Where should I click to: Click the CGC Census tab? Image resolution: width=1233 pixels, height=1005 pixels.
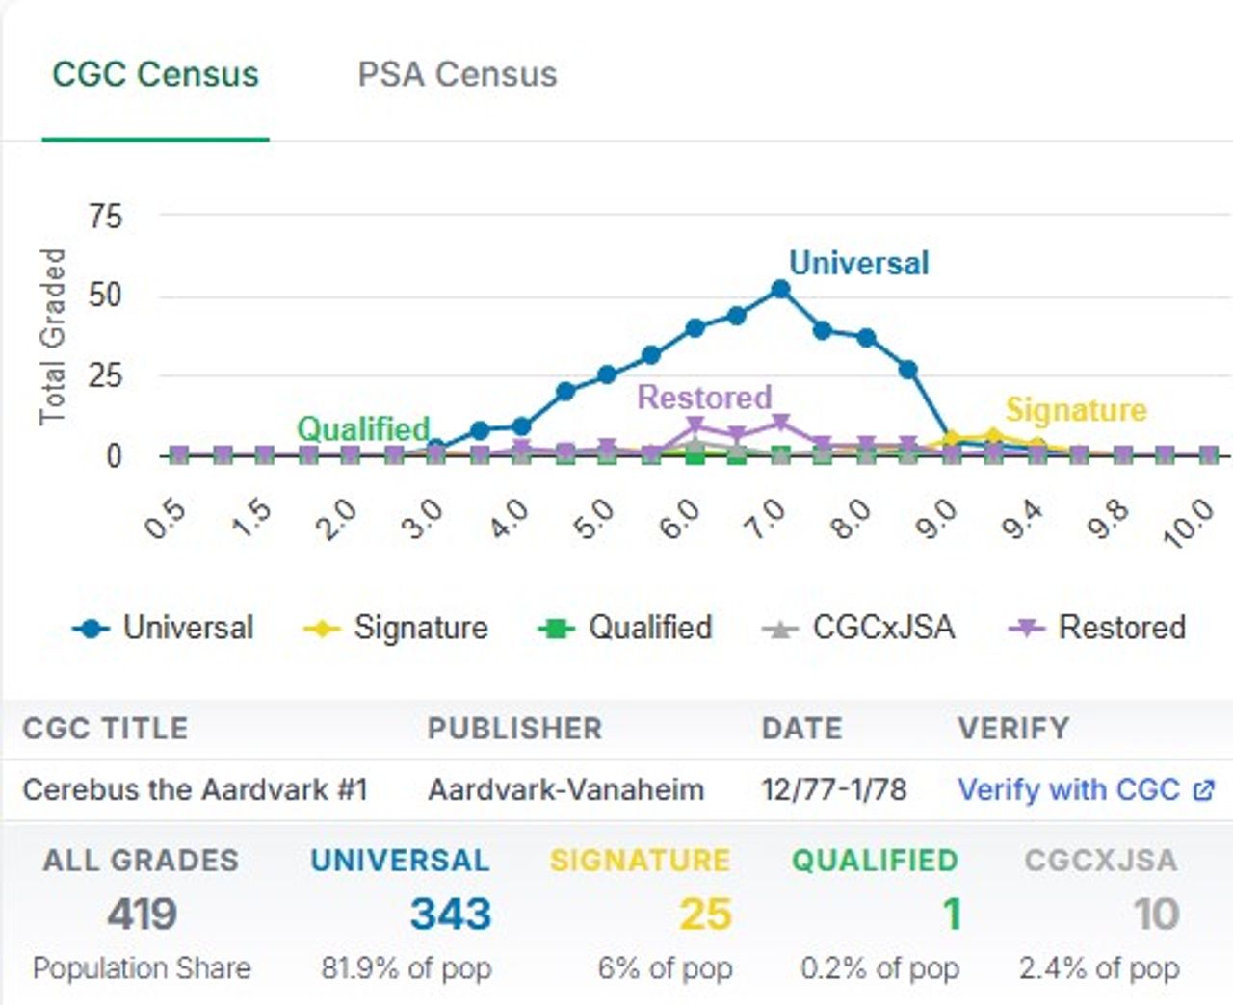155,75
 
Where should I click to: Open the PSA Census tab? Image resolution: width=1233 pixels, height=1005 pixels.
457,75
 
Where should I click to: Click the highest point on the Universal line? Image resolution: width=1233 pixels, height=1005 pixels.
780,289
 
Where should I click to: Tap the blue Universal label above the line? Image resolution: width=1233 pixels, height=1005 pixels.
858,263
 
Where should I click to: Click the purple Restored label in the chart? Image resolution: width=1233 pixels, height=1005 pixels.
704,397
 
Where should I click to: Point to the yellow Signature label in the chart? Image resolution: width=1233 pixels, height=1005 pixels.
1076,410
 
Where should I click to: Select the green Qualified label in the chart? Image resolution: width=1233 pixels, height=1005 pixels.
363,428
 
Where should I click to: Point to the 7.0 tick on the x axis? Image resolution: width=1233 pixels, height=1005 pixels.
767,520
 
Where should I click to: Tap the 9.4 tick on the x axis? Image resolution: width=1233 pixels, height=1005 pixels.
1022,520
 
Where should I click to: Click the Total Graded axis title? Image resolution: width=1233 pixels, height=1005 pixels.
52,336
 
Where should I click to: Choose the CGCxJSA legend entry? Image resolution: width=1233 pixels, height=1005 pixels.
859,628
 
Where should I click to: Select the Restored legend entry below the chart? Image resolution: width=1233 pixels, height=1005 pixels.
1097,628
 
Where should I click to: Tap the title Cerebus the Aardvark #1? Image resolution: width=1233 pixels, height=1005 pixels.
195,789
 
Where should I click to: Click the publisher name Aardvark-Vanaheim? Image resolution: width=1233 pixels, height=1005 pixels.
565,789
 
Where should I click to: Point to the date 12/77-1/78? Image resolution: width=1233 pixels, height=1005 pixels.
833,789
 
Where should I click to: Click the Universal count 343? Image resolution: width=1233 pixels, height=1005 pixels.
450,914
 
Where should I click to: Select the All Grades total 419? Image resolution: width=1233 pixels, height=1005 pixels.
142,914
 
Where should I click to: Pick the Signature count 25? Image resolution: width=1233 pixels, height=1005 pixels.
705,914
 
